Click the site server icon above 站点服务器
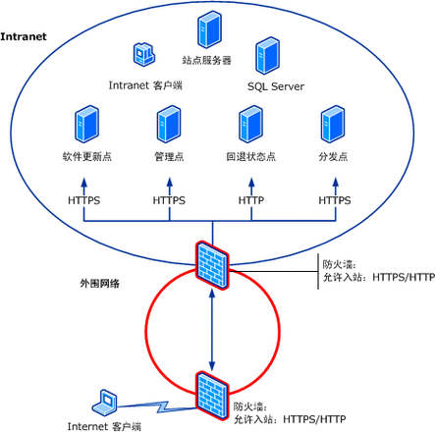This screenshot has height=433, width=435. (206, 28)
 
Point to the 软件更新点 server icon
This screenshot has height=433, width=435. (85, 126)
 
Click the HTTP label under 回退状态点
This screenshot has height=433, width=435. (251, 200)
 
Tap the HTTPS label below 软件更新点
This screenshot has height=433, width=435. (85, 200)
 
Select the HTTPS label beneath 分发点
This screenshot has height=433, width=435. (334, 200)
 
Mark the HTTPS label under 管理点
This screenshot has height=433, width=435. (169, 200)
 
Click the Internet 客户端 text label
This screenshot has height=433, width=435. (104, 426)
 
